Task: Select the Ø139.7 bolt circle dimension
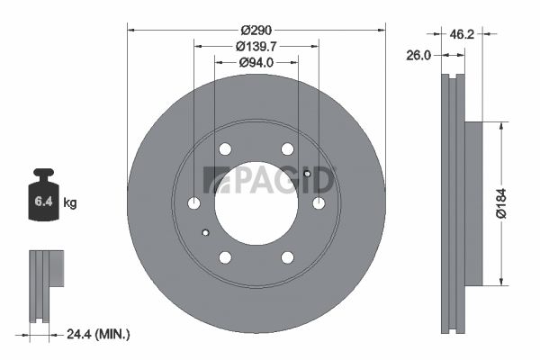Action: [x=256, y=45]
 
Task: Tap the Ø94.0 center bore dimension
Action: [x=256, y=62]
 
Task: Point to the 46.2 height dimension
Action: [x=462, y=34]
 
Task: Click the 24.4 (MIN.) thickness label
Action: [x=99, y=334]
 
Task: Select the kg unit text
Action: [x=70, y=203]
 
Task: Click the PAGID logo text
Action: [x=269, y=179]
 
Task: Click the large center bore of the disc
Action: [x=256, y=202]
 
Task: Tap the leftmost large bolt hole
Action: [x=193, y=203]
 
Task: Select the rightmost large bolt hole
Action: [x=319, y=203]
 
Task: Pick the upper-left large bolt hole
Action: [x=225, y=149]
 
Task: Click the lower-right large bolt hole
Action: [x=287, y=257]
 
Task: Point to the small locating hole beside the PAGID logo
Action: [x=307, y=174]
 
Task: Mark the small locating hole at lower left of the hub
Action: [x=206, y=233]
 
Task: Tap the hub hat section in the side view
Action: [x=474, y=203]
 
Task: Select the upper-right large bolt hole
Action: [x=287, y=149]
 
